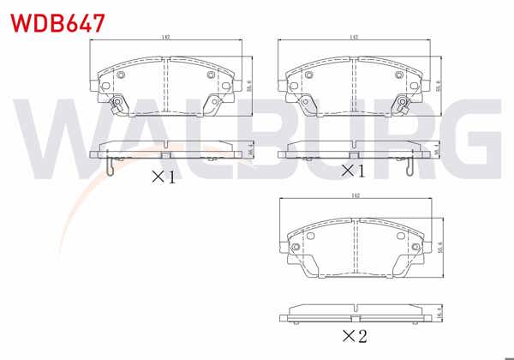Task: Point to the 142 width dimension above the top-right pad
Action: coord(353,38)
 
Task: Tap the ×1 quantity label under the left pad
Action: coord(163,177)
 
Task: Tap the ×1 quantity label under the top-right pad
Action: coord(353,171)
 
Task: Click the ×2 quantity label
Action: coord(355,336)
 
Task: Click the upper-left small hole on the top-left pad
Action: coord(120,75)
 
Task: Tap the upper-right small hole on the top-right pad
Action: coord(399,75)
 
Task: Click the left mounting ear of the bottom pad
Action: coord(287,243)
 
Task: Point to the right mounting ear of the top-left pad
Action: coord(234,84)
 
